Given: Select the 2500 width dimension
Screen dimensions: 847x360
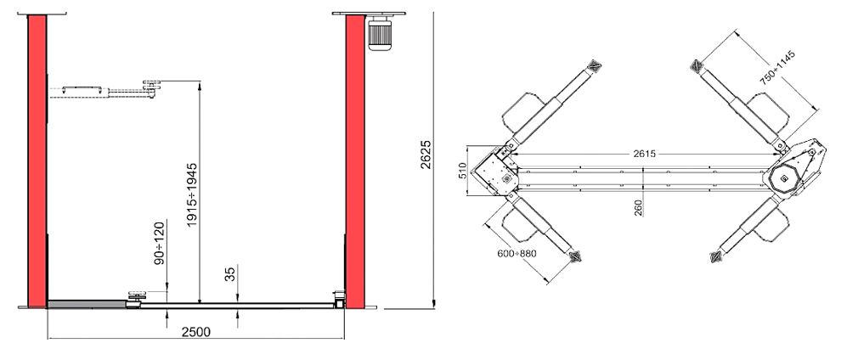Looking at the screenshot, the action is [195, 331].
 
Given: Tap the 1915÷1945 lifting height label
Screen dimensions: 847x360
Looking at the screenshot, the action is [193, 194].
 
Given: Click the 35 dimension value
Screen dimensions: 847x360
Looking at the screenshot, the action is [230, 273].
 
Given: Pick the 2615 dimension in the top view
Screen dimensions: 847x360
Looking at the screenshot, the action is [644, 154].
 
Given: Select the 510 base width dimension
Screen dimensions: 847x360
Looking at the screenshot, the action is [462, 172].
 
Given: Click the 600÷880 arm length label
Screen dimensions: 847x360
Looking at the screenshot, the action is [517, 253].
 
